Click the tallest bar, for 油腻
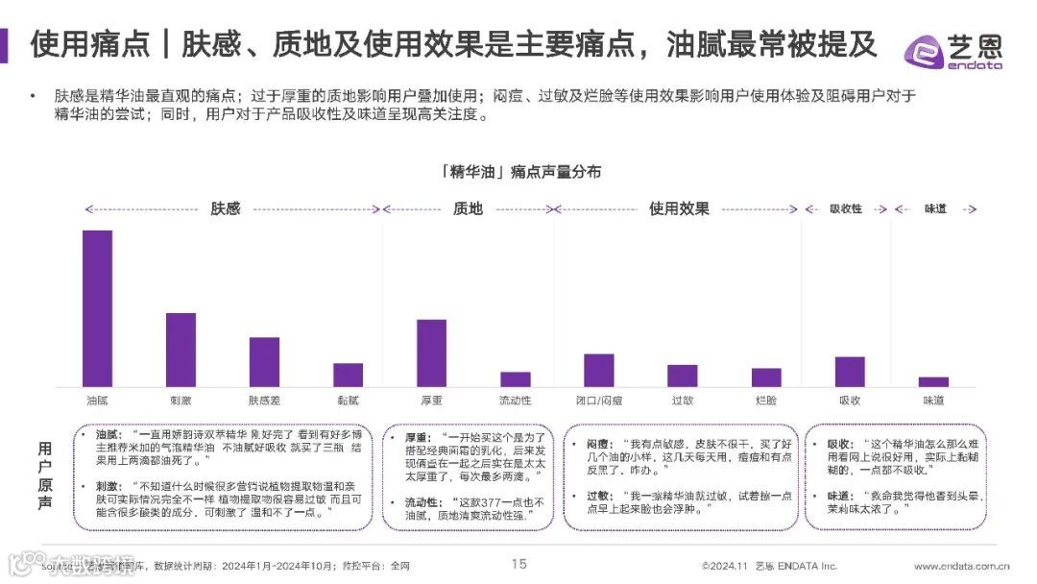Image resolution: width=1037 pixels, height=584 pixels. (x=97, y=307)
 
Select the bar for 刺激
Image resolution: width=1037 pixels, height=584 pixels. (x=181, y=350)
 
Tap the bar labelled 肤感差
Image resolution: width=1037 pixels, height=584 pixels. (x=264, y=361)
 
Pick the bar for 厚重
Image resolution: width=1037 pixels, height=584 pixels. (x=431, y=353)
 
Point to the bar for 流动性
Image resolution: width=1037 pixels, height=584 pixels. (x=515, y=378)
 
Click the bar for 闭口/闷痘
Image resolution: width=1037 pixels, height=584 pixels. (x=599, y=370)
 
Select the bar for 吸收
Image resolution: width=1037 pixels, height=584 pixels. (x=850, y=371)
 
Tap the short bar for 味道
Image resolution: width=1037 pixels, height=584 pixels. (x=933, y=381)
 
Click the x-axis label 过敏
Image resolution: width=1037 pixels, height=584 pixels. (x=683, y=400)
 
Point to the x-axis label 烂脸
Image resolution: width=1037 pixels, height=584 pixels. (x=766, y=400)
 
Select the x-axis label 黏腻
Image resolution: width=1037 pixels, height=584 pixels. (x=348, y=400)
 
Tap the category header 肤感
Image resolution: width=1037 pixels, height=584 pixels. (x=225, y=208)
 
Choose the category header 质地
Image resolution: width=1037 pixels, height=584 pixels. (x=468, y=208)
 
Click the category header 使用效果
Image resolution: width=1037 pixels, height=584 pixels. (x=679, y=208)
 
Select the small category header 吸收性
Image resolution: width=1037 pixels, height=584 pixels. (x=846, y=208)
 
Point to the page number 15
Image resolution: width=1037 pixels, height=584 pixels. (x=518, y=564)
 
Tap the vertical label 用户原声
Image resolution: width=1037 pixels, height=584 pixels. (x=45, y=475)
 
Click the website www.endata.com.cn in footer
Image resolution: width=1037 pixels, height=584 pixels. (x=968, y=566)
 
